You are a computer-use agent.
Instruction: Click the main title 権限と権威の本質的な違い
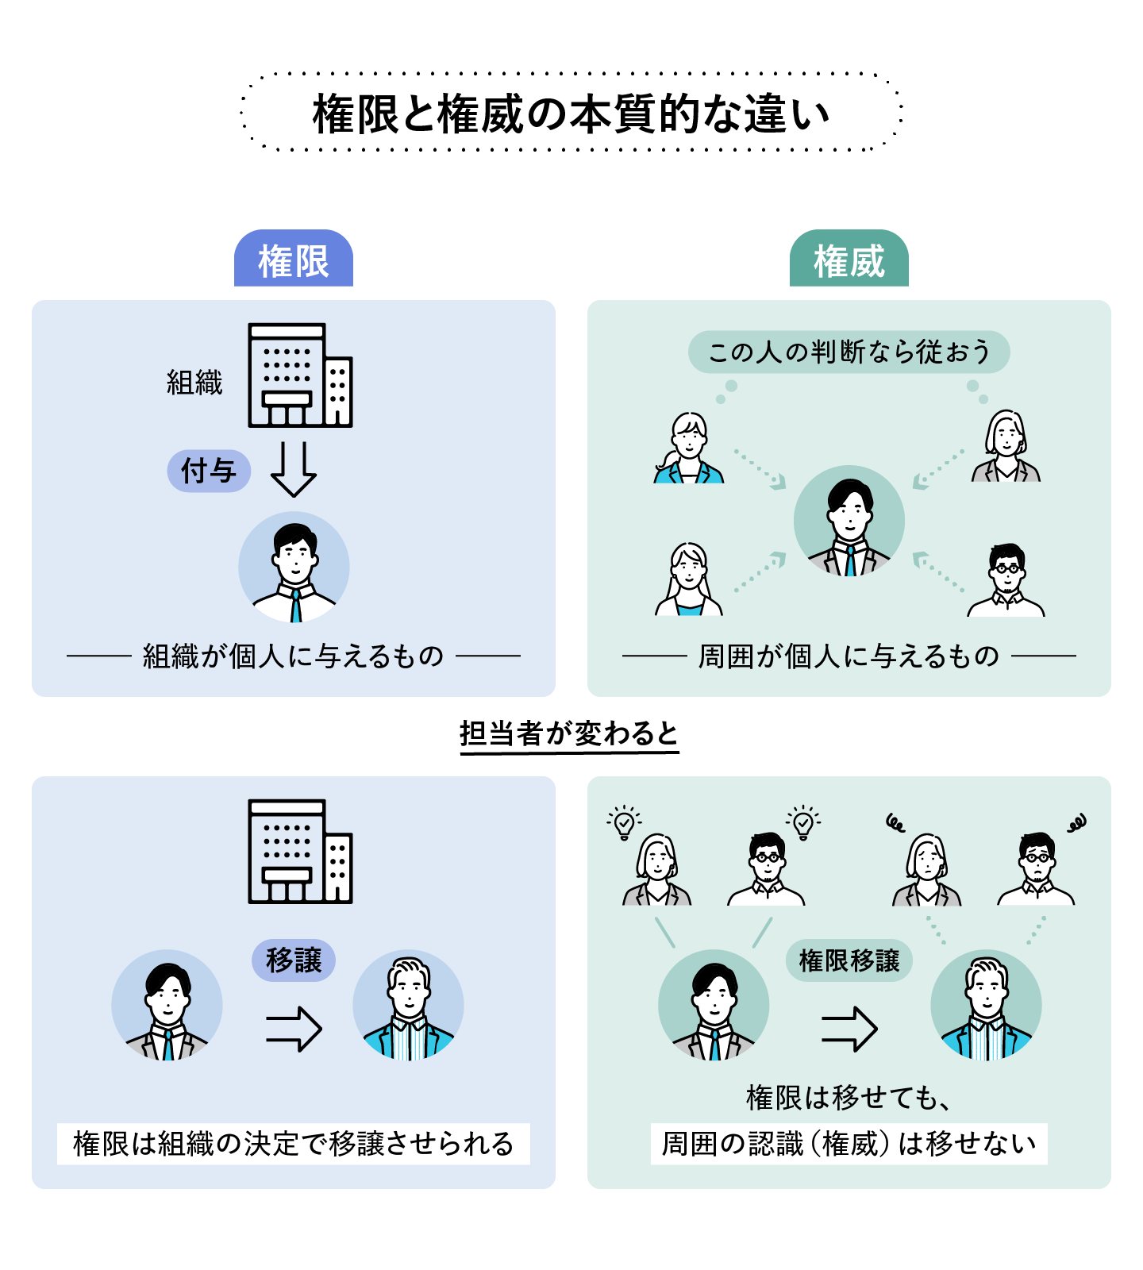click(571, 114)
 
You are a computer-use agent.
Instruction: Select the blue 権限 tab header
click(293, 260)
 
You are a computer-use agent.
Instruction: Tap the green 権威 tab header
click(849, 260)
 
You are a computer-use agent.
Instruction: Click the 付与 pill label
click(209, 471)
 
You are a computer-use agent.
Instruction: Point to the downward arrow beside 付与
click(293, 469)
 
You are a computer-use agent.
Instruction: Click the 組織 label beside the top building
click(194, 383)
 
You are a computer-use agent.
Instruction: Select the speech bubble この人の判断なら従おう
click(849, 352)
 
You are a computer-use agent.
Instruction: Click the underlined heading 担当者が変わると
click(569, 733)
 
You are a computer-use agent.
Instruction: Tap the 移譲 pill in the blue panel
click(294, 960)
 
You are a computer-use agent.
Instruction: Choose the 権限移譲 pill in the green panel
click(849, 960)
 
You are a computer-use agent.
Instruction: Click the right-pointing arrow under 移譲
click(294, 1029)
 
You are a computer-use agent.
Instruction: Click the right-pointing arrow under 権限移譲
click(849, 1029)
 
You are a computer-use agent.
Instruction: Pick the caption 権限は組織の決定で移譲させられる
click(293, 1144)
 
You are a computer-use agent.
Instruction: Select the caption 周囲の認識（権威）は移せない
click(849, 1144)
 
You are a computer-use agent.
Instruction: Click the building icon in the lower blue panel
click(300, 851)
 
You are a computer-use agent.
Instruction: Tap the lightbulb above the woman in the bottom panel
click(624, 823)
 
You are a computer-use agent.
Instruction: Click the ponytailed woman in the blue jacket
click(688, 449)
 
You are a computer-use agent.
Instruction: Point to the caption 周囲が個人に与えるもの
click(849, 656)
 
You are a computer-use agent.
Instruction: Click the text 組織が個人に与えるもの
click(293, 656)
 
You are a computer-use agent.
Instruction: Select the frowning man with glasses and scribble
click(1037, 869)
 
